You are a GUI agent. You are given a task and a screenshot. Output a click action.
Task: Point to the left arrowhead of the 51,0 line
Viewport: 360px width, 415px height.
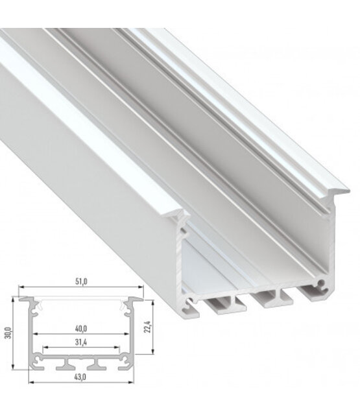tap(20, 288)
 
